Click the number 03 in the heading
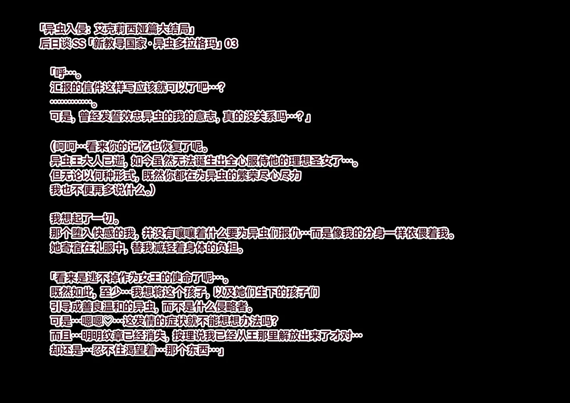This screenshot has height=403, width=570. (x=231, y=44)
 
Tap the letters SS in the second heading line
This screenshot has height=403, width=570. (x=79, y=44)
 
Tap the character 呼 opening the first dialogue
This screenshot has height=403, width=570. (x=60, y=73)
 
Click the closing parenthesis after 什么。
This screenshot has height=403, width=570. (x=152, y=190)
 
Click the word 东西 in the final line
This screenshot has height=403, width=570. (x=198, y=350)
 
